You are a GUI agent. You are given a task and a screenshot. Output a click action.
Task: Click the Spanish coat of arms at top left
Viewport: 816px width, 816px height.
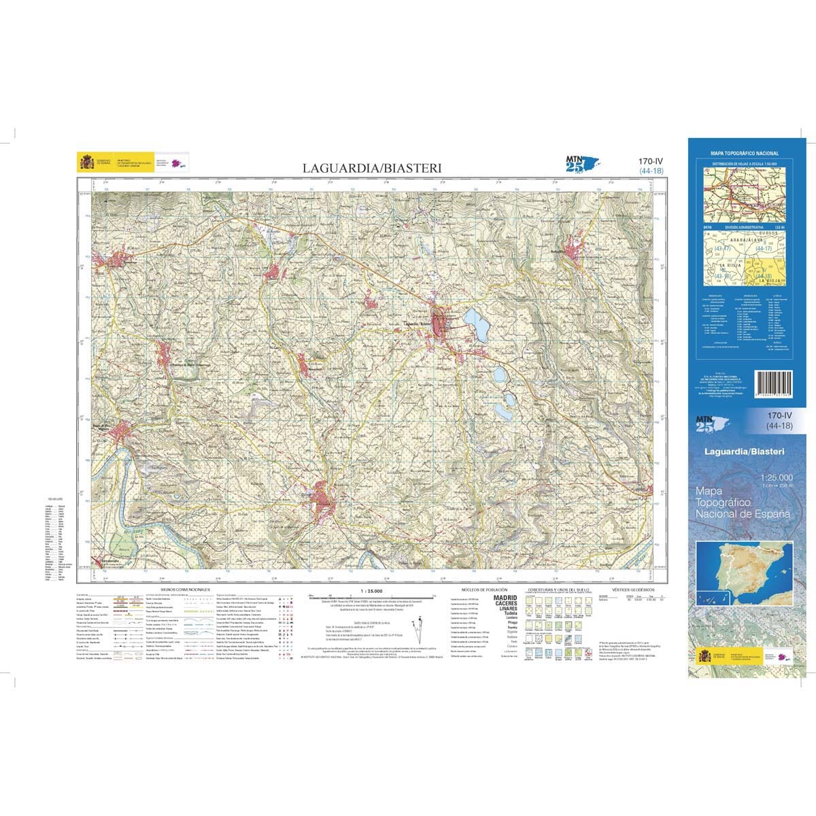point(87,163)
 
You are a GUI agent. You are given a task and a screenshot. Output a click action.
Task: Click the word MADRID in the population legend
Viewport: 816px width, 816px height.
point(505,598)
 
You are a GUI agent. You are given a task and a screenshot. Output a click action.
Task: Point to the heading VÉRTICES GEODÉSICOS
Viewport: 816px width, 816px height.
point(633,590)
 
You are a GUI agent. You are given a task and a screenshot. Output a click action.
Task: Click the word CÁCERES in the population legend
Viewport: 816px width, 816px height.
point(505,603)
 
